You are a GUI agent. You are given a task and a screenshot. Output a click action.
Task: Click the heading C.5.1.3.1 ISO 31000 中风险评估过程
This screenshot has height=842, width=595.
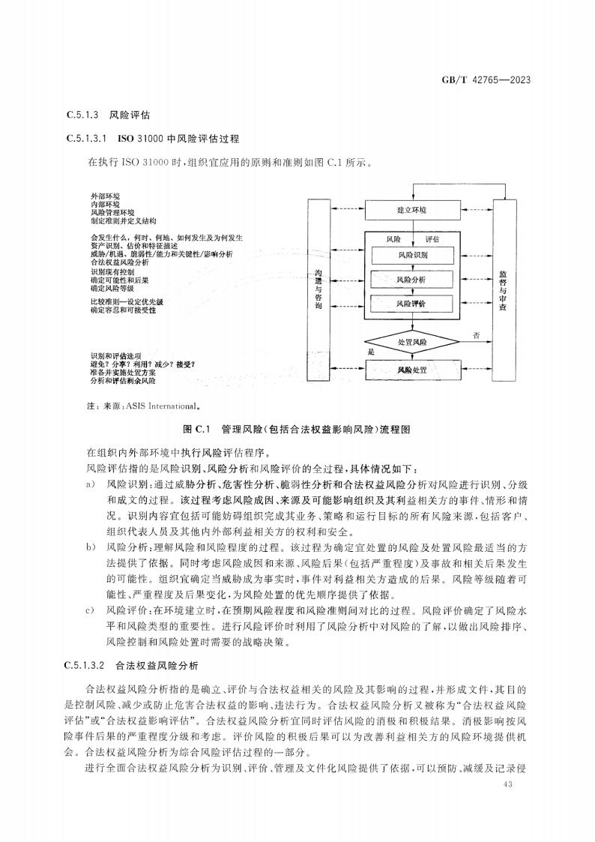(x=153, y=139)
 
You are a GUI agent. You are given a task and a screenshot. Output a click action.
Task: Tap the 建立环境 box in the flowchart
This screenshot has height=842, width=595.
(x=411, y=211)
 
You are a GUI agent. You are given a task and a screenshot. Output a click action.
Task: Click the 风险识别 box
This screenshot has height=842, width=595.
(x=411, y=256)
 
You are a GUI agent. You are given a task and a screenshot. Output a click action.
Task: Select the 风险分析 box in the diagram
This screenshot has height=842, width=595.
(x=411, y=280)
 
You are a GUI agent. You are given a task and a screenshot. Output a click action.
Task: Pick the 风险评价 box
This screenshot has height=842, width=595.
(x=411, y=304)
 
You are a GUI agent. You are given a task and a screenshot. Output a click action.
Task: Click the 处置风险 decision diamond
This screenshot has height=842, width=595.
(x=411, y=342)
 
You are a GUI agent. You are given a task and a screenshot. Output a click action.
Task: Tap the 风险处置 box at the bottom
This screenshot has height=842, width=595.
(x=411, y=370)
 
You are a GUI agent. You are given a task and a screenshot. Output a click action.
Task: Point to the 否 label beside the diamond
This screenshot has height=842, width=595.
(x=477, y=334)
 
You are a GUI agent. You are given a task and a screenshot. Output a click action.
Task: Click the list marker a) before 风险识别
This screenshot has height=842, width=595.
(x=91, y=485)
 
